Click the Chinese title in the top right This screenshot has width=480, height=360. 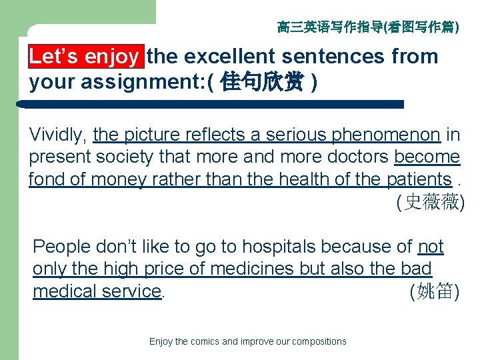tap(367, 27)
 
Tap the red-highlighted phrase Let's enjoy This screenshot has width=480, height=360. tap(85, 57)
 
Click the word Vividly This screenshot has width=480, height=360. tap(58, 135)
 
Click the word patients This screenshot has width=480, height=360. tap(419, 179)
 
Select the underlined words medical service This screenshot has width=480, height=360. tap(97, 291)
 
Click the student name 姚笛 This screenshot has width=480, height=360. tap(433, 291)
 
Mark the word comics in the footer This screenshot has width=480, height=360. tap(203, 341)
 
